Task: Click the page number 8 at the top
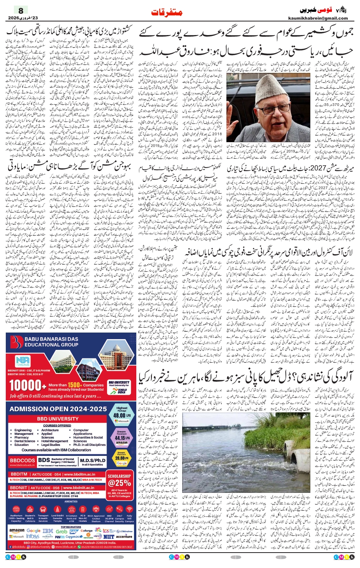click(x=21, y=10)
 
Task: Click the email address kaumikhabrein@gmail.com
click(x=318, y=18)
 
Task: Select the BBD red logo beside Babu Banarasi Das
click(x=17, y=341)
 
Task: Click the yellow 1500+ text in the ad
click(x=74, y=385)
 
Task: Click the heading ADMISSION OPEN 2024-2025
click(x=58, y=409)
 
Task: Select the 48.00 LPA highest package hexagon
click(x=122, y=414)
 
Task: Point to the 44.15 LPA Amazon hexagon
click(x=122, y=437)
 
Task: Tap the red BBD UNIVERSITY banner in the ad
click(x=57, y=418)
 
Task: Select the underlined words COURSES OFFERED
click(x=57, y=426)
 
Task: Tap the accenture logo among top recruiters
click(x=124, y=536)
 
